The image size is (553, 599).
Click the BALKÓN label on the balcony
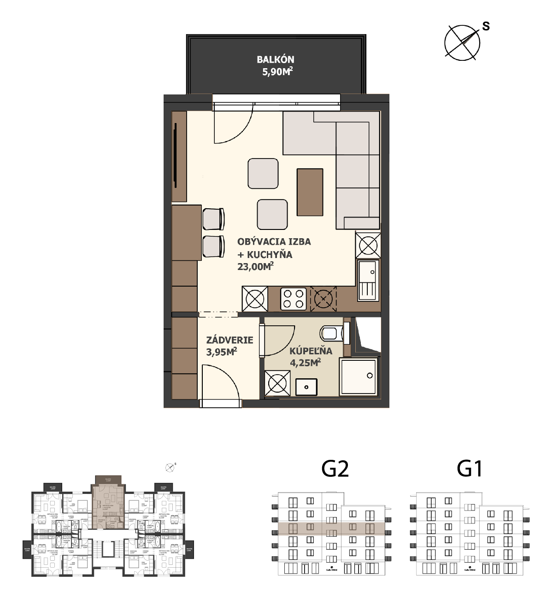tap(276, 59)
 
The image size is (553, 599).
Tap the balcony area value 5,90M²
tap(277, 71)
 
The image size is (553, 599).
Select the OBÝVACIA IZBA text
tap(274, 241)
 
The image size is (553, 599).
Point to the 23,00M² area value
tap(255, 266)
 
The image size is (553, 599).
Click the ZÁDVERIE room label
tap(229, 340)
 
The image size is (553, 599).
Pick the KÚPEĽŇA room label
tap(311, 351)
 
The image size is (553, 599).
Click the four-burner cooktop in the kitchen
tap(294, 298)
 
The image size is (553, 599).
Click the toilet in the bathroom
tap(333, 332)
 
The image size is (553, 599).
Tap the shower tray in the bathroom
tap(359, 376)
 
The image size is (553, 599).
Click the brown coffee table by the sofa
tap(310, 192)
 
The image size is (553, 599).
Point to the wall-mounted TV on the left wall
tap(176, 156)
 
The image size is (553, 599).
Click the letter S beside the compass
tap(486, 26)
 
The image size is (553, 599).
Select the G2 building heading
tap(335, 469)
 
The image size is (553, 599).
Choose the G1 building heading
tap(470, 469)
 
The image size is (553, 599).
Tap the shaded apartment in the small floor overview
tap(108, 507)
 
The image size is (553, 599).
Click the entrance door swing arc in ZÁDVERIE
tap(221, 380)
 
